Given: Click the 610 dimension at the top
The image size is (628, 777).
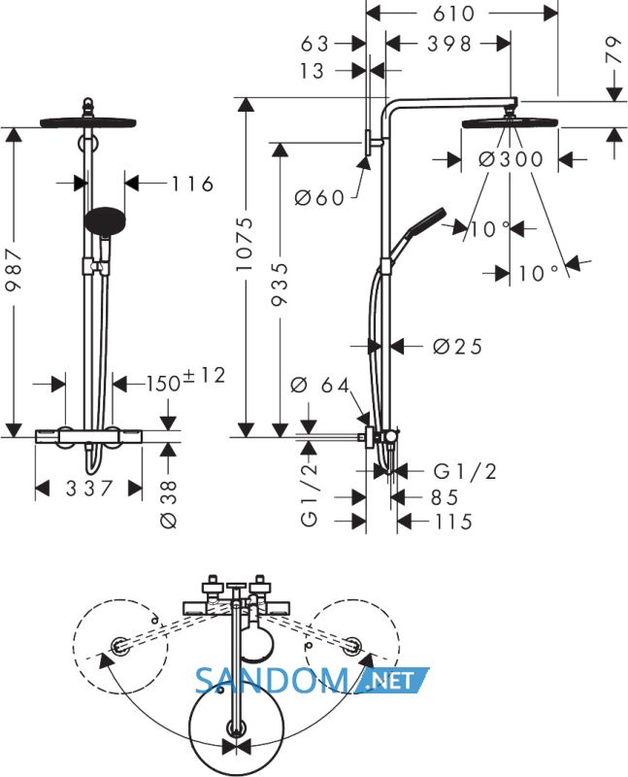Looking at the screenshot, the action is pyautogui.click(x=453, y=14).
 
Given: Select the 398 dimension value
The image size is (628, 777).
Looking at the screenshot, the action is pyautogui.click(x=449, y=44).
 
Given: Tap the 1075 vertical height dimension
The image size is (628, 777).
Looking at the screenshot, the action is pyautogui.click(x=245, y=244).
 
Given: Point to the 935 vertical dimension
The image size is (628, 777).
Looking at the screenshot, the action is pyautogui.click(x=280, y=284).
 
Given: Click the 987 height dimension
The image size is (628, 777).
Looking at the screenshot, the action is pyautogui.click(x=14, y=272).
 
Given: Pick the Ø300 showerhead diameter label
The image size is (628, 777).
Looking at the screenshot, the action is pyautogui.click(x=512, y=159).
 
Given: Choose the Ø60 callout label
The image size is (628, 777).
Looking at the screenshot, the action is pyautogui.click(x=319, y=198).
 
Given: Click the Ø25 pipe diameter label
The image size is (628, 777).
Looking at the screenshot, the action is pyautogui.click(x=457, y=347).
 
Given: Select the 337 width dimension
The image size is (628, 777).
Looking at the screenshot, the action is pyautogui.click(x=89, y=489).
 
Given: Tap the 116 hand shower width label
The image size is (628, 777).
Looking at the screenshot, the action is pyautogui.click(x=192, y=184).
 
